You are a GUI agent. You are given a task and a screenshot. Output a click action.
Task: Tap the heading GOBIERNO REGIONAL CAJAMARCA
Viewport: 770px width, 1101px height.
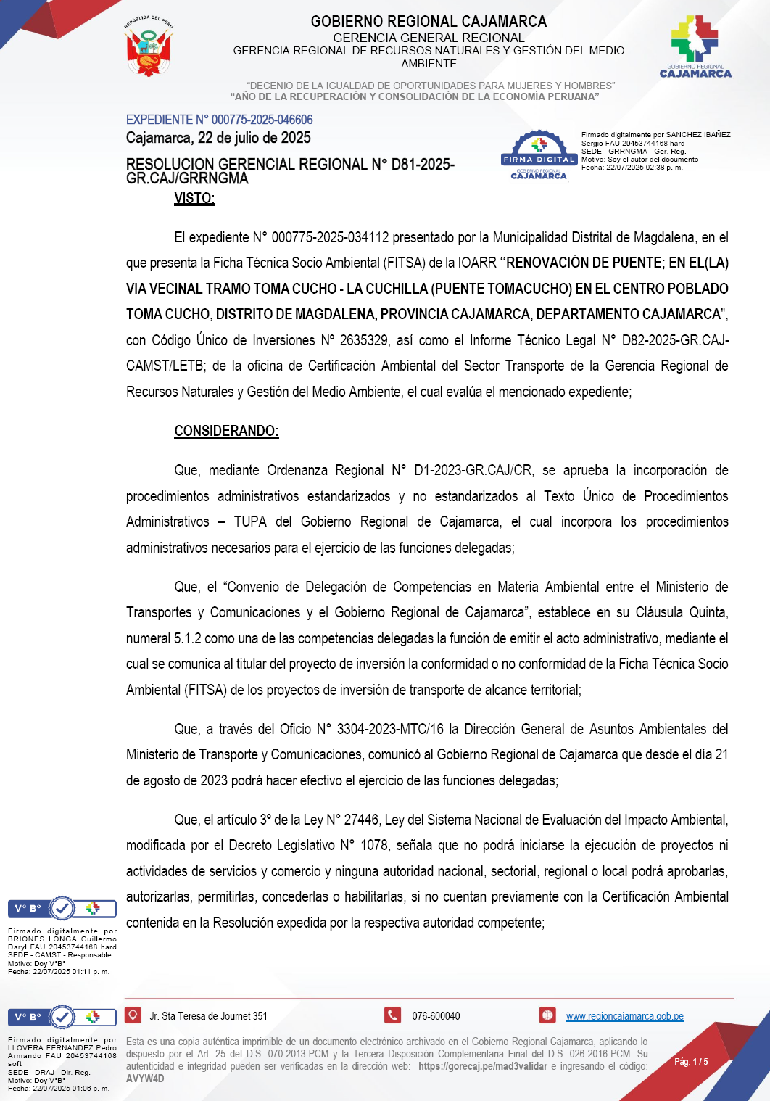[429, 22]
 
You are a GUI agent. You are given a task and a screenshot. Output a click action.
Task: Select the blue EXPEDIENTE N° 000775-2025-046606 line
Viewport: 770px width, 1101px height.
[219, 120]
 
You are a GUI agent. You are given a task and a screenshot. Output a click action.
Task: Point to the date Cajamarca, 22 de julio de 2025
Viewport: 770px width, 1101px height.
[218, 138]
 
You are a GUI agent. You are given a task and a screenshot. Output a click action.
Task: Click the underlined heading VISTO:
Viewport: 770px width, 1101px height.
[194, 198]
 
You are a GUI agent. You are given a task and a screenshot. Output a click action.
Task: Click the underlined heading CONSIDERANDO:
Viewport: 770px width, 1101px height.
[226, 431]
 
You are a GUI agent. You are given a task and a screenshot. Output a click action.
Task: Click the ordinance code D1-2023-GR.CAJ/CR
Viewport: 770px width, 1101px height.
[473, 470]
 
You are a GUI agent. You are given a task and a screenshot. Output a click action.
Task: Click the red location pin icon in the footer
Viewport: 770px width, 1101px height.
[133, 1015]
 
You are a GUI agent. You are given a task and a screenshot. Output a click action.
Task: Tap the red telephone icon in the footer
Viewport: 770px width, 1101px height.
[393, 1015]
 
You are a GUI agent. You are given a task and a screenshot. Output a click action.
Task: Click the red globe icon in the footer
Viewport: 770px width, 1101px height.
[547, 1015]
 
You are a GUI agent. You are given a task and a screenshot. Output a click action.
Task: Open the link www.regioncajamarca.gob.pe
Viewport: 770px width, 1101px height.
[624, 1016]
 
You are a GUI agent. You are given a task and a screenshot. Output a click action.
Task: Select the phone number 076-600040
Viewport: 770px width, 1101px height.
[436, 1016]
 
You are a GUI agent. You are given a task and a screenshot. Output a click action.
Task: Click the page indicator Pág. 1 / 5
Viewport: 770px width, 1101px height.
[691, 1062]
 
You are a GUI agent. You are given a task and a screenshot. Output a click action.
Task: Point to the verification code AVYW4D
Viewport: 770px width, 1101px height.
[145, 1079]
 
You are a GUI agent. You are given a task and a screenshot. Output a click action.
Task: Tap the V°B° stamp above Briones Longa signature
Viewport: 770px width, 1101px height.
[62, 908]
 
